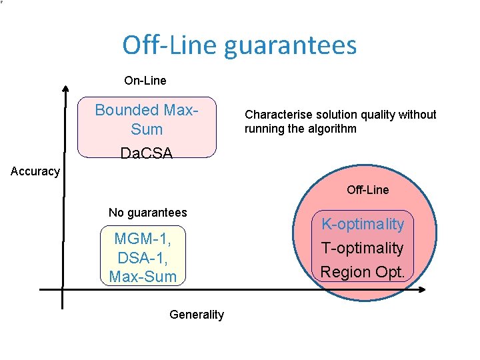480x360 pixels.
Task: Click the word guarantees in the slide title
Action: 290,45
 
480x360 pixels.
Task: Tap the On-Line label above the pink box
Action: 145,81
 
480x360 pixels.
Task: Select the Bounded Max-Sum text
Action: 147,119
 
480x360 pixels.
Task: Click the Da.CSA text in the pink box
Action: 147,153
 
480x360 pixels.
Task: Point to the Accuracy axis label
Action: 35,171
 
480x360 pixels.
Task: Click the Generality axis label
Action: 197,315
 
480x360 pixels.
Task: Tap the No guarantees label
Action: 148,213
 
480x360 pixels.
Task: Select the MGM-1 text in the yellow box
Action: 142,239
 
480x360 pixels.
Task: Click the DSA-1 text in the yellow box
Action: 142,257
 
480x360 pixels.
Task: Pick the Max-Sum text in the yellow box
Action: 143,276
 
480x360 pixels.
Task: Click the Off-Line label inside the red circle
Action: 367,190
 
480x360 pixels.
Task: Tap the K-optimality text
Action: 363,224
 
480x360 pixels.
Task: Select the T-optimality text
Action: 363,248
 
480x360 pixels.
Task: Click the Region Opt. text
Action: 363,271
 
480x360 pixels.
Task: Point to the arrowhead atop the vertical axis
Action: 65,88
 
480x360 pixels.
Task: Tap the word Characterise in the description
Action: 273,115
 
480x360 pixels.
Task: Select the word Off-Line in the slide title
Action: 169,45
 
